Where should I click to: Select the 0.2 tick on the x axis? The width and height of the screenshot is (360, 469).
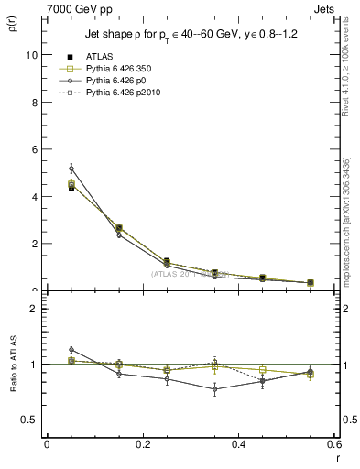point(142,444)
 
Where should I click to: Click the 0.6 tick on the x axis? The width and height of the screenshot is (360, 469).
point(333,444)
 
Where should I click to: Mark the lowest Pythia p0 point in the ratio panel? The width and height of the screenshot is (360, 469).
point(215,389)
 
